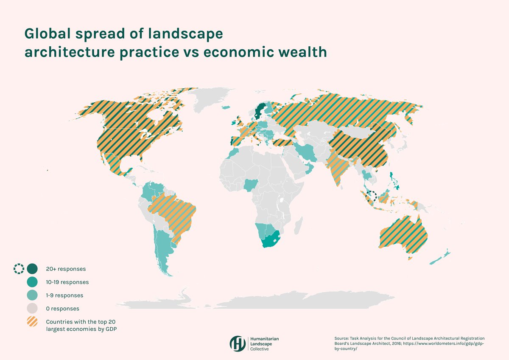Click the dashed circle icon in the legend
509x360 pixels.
coord(19,269)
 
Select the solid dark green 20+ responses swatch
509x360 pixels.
coord(32,269)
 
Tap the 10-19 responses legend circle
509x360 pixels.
coord(32,282)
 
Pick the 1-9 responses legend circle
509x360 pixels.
coord(32,295)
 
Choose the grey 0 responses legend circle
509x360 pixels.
coord(32,308)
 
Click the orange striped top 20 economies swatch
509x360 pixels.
coord(32,321)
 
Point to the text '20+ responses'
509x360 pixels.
coord(66,269)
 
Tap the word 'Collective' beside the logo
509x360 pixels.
coord(259,349)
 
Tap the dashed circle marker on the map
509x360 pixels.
coord(372,197)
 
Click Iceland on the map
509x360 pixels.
coord(225,107)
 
